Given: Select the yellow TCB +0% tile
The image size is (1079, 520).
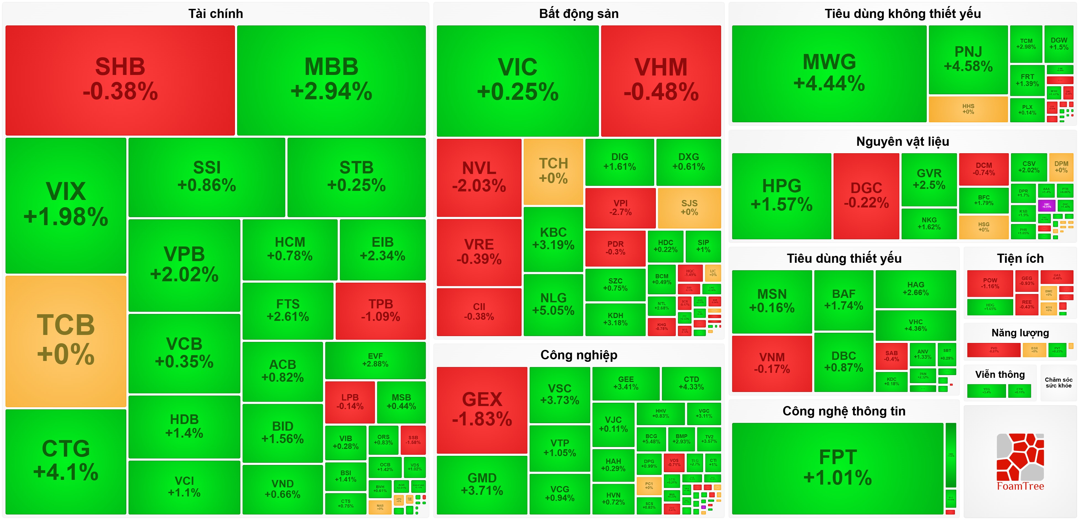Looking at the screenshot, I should (66, 340).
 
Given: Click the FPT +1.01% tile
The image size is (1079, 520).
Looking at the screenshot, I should (837, 467).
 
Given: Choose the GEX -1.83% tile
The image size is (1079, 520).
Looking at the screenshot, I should (482, 409).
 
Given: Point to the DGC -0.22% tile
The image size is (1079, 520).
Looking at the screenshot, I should (866, 196).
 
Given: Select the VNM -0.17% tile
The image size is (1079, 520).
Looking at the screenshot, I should (772, 363).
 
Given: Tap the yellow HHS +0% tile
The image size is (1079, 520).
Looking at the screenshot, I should (968, 109).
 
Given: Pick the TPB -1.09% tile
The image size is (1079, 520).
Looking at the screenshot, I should (380, 310).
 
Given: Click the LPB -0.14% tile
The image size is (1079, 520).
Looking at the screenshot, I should (350, 402).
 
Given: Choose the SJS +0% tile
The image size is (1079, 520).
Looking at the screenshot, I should (689, 207).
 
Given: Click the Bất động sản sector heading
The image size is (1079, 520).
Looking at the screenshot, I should (578, 14).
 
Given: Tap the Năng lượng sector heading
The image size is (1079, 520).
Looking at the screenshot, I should (1020, 333).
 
